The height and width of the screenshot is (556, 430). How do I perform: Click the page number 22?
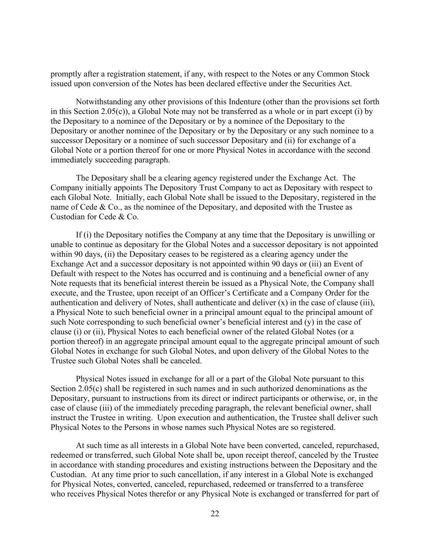215,514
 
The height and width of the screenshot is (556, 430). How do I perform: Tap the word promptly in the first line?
66,74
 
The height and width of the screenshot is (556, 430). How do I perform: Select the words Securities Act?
328,84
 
